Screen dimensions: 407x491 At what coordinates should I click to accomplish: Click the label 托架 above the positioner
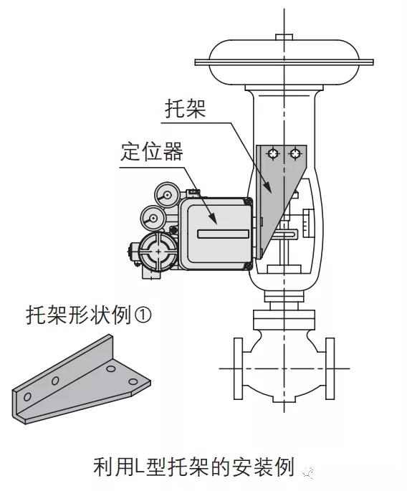[x=186, y=109]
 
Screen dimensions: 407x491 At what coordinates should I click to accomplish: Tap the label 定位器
[x=152, y=152]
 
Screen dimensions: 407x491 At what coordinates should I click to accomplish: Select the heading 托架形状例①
[x=89, y=315]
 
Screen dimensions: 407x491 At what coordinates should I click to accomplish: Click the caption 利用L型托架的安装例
[x=194, y=467]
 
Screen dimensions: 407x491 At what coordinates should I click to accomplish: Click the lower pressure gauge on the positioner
[x=153, y=218]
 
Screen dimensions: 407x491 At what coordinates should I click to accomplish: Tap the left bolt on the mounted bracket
[x=273, y=153]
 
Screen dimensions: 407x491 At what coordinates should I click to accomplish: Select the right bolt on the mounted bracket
[x=295, y=153]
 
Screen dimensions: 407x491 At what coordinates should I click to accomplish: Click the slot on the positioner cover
[x=224, y=234]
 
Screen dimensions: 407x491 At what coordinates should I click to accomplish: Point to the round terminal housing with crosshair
[x=158, y=251]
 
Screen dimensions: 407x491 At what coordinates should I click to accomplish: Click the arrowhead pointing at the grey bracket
[x=267, y=186]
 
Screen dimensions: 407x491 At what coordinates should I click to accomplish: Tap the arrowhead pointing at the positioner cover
[x=212, y=218]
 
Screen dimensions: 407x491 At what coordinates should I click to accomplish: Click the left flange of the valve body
[x=238, y=368]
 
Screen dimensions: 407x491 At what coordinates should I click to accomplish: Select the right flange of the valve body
[x=330, y=368]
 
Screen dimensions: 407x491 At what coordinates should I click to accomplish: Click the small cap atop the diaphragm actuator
[x=284, y=37]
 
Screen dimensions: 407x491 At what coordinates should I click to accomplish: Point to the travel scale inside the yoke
[x=307, y=223]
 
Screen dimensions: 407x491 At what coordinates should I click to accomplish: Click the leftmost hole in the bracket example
[x=27, y=396]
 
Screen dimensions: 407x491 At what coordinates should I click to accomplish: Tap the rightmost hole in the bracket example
[x=133, y=382]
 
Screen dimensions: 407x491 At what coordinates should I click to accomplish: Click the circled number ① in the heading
[x=143, y=315]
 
